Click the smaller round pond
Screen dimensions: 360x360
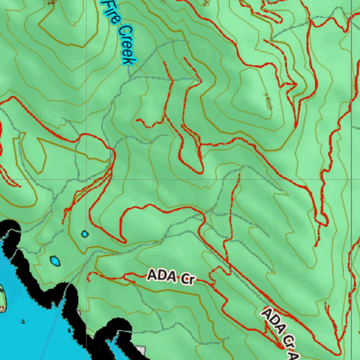85,234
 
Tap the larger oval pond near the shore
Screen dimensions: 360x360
55,261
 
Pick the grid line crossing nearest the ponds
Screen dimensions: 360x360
86,179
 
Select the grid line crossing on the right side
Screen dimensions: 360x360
351,179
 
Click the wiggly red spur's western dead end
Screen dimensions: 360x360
137,120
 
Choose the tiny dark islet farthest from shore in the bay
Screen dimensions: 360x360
23,321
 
